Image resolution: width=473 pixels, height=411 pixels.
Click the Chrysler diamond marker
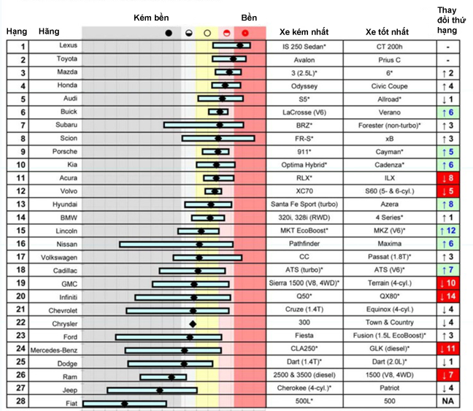pyautogui.click(x=193, y=324)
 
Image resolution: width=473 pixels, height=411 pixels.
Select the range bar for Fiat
pyautogui.click(x=125, y=404)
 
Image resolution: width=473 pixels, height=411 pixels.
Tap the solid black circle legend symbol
pyautogui.click(x=169, y=33)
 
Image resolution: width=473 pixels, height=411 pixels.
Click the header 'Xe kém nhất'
pyautogui.click(x=304, y=31)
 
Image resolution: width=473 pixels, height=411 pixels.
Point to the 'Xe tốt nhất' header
pyautogui.click(x=388, y=31)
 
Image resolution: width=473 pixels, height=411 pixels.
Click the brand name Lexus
pyautogui.click(x=68, y=45)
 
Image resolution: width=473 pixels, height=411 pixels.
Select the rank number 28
pyautogui.click(x=21, y=401)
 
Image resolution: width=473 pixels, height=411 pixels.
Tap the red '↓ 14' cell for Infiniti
pyautogui.click(x=448, y=296)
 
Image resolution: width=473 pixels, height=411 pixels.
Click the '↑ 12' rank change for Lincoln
pyautogui.click(x=448, y=231)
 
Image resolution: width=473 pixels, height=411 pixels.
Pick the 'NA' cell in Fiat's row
pyautogui.click(x=448, y=401)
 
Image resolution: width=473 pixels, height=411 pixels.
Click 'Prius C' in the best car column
pyautogui.click(x=390, y=60)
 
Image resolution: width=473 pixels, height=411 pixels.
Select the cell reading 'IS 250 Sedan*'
pyautogui.click(x=304, y=47)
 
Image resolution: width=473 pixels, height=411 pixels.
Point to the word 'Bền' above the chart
pyautogui.click(x=249, y=18)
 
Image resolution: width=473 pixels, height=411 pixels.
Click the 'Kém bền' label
pyautogui.click(x=151, y=18)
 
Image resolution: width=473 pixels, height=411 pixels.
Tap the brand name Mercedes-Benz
pyautogui.click(x=54, y=350)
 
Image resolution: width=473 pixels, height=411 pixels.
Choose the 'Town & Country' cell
pyautogui.click(x=390, y=322)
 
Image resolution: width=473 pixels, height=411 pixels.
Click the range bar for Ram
pyautogui.click(x=164, y=377)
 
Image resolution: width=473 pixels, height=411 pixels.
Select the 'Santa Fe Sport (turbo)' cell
pyautogui.click(x=304, y=204)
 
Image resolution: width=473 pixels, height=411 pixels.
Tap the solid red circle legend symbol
pyautogui.click(x=245, y=33)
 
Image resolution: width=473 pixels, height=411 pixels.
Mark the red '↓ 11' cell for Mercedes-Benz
pyautogui.click(x=448, y=348)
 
